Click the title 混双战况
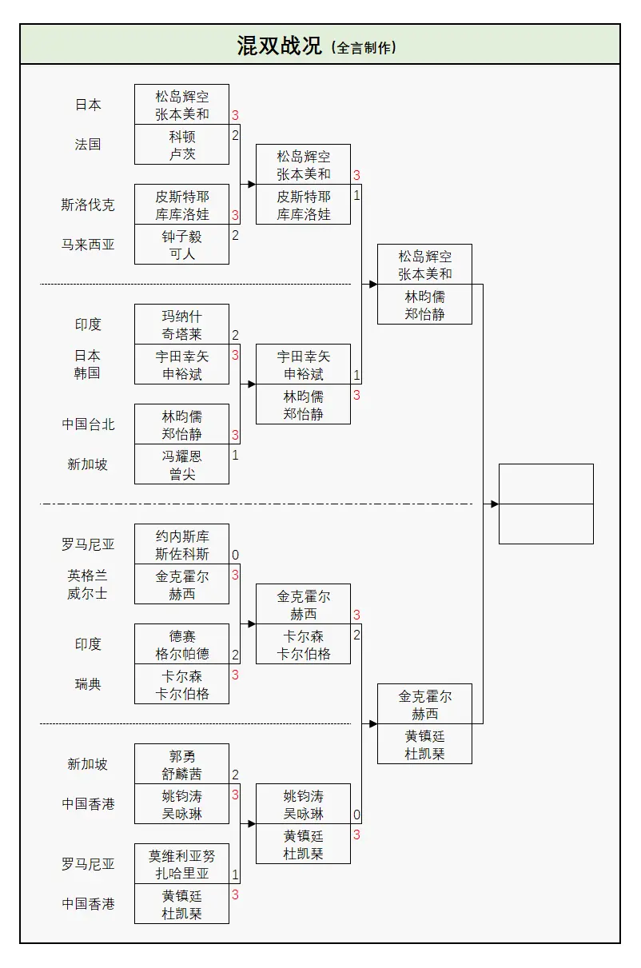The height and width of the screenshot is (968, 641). [279, 46]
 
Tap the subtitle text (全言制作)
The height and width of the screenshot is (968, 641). [363, 47]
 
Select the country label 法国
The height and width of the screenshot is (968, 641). [88, 145]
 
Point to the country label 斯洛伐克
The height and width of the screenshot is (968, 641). [88, 205]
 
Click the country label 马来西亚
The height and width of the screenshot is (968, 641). [88, 245]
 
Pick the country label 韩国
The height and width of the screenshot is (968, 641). [88, 372]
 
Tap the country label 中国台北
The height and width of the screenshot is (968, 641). [88, 424]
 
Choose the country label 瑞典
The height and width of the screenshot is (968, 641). [88, 684]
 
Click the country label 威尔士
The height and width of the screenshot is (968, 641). [88, 594]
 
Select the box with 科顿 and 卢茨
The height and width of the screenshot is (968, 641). [181, 145]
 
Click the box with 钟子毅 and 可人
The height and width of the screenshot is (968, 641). [181, 245]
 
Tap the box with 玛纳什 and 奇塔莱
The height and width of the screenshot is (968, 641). [181, 325]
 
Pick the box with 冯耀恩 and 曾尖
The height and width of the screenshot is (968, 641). [181, 464]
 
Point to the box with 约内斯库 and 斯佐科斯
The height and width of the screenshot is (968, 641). [181, 544]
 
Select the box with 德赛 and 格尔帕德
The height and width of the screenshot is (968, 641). [181, 644]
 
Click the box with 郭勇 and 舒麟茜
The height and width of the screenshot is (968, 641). [181, 764]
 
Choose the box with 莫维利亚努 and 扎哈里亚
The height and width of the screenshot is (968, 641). [181, 864]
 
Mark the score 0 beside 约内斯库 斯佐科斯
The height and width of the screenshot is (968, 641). [236, 555]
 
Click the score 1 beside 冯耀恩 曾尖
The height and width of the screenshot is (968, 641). [236, 455]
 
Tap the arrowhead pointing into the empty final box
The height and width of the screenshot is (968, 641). [495, 504]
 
